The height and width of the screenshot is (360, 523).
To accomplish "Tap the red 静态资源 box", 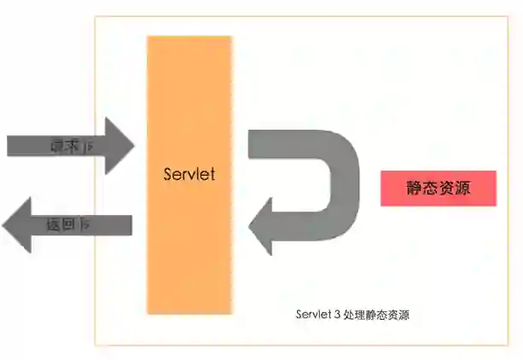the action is pos(438,188).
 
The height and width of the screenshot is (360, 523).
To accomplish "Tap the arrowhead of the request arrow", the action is pos(119,146).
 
